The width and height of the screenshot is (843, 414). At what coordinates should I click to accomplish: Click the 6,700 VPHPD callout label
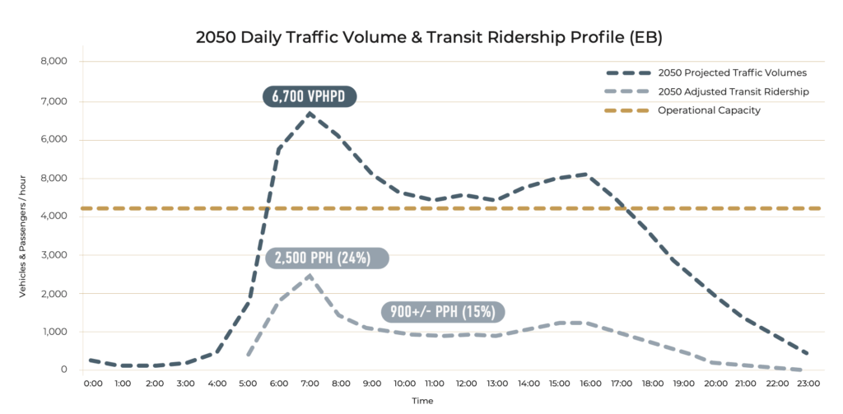[310, 97]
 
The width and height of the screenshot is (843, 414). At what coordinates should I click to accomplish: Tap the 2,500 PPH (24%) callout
[327, 258]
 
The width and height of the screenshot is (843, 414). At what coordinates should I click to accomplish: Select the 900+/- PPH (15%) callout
[443, 311]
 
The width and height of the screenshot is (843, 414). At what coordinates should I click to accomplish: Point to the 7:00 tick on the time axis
[310, 383]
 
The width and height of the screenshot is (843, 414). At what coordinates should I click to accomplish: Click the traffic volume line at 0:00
[90, 360]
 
